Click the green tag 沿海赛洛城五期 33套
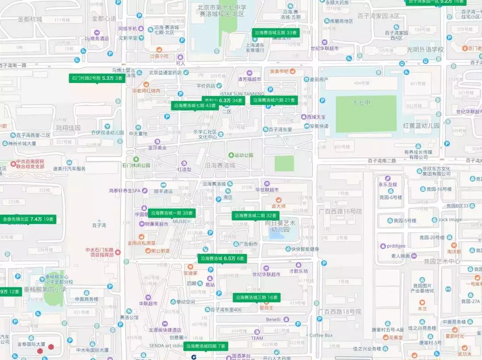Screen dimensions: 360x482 pyautogui.click(x=275, y=33)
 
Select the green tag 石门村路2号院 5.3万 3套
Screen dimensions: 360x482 pyautogui.click(x=96, y=78)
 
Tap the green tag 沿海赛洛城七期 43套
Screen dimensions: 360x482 pyautogui.click(x=195, y=106)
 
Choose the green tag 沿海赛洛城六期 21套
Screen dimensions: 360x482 pyautogui.click(x=274, y=100)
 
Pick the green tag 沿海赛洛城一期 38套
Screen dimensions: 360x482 pyautogui.click(x=172, y=213)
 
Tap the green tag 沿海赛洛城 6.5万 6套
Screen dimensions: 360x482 pyautogui.click(x=222, y=258)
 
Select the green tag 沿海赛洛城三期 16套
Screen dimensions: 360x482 pyautogui.click(x=257, y=297)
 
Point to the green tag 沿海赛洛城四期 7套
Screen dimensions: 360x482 pyautogui.click(x=207, y=346)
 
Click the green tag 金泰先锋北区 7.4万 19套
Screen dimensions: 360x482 pyautogui.click(x=28, y=219)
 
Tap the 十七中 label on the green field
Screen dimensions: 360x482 pyautogui.click(x=361, y=103)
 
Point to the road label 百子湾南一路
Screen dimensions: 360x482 pyautogui.click(x=13, y=65)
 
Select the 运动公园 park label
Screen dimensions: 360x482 pyautogui.click(x=243, y=155)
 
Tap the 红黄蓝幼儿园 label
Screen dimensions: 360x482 pyautogui.click(x=421, y=126)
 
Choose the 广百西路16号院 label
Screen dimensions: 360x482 pyautogui.click(x=340, y=211)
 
